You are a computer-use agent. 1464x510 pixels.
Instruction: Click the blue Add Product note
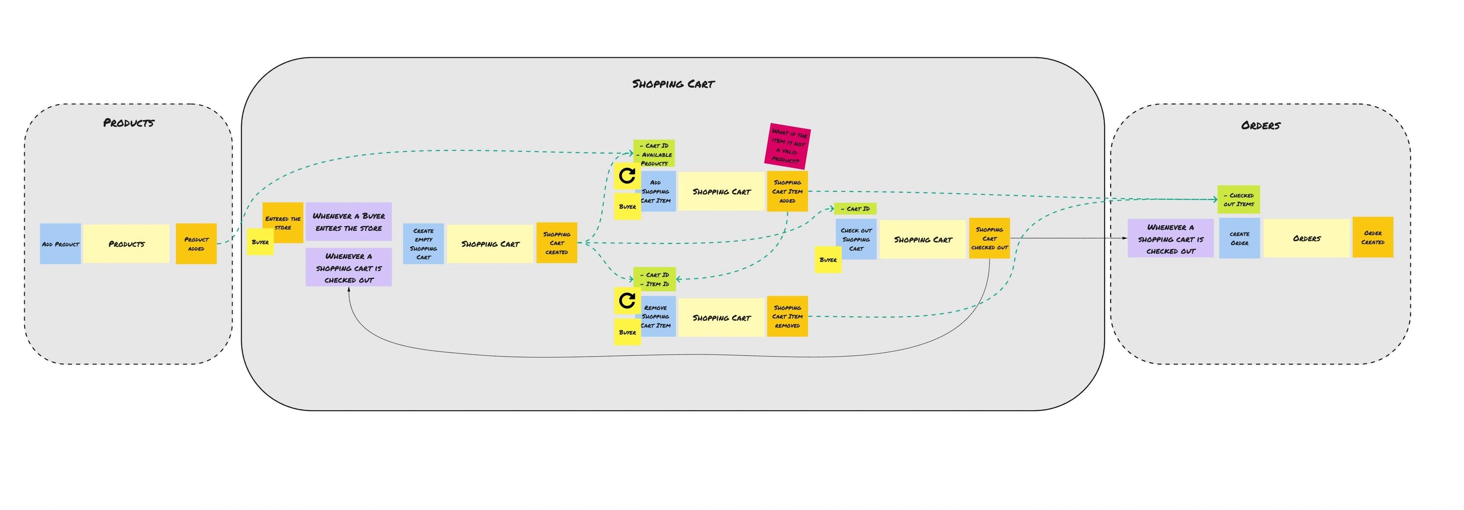(x=60, y=243)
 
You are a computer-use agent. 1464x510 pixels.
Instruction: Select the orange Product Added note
(x=196, y=243)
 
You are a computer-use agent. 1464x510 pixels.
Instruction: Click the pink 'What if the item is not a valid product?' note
(x=787, y=146)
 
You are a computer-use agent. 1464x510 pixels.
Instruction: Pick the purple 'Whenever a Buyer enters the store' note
(x=348, y=222)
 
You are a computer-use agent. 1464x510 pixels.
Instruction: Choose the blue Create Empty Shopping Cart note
(x=423, y=243)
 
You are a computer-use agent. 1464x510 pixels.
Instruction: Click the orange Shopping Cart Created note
(x=557, y=243)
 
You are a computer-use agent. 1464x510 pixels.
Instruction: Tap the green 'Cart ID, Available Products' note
(x=654, y=154)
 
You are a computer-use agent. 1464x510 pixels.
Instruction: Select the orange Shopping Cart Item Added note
(x=787, y=191)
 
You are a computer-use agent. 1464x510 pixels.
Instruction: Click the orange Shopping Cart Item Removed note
(x=787, y=316)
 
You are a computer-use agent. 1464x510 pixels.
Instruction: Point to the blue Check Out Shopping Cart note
(x=856, y=239)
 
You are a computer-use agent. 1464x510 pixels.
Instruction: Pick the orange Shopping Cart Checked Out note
(x=990, y=238)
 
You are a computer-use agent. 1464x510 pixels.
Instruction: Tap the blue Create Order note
(x=1239, y=238)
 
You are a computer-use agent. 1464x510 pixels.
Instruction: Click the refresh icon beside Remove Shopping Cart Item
(x=627, y=300)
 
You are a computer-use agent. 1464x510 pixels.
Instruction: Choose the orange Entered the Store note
(x=283, y=222)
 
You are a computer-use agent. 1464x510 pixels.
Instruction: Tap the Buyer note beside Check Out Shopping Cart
(x=828, y=260)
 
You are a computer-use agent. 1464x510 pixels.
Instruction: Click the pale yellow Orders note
(x=1307, y=238)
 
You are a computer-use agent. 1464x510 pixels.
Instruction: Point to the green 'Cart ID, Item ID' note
(x=654, y=279)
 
